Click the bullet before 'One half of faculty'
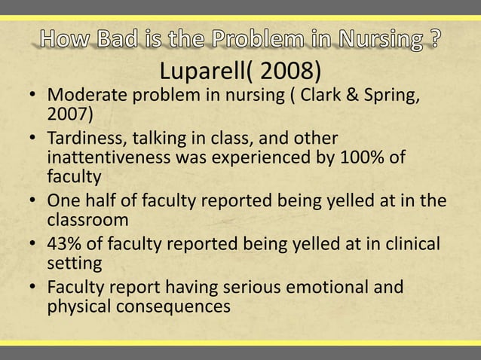click(x=33, y=201)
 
